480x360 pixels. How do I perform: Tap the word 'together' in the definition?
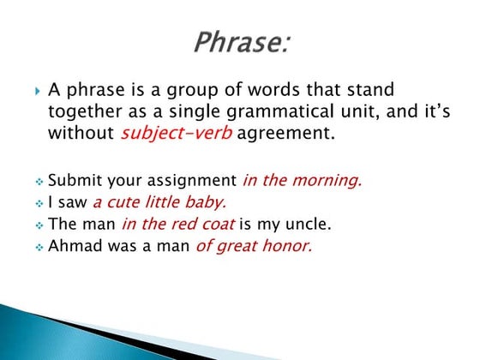point(80,111)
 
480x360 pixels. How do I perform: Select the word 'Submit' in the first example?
point(71,180)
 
